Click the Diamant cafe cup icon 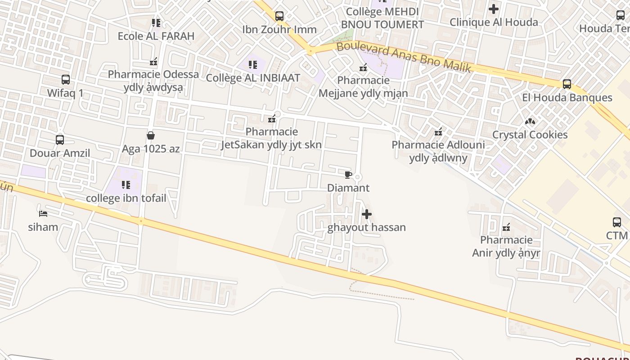click(x=347, y=175)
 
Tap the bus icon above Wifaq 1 click(x=66, y=80)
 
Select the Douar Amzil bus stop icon click(x=60, y=140)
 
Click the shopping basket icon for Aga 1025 click(x=151, y=135)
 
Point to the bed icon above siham click(x=43, y=213)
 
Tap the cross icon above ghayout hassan click(x=367, y=214)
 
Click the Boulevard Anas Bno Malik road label click(x=404, y=57)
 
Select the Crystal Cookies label click(x=530, y=135)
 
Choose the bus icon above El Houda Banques click(x=567, y=84)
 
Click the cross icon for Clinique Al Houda click(x=494, y=9)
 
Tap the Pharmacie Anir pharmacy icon click(x=506, y=227)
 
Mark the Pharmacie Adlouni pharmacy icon click(x=438, y=132)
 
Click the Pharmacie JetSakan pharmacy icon click(x=272, y=119)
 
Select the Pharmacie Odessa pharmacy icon click(x=153, y=61)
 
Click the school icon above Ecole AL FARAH click(x=156, y=22)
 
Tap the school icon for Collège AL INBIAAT click(x=253, y=64)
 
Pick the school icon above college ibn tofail click(x=126, y=185)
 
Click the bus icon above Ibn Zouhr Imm click(x=279, y=16)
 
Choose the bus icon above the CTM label click(x=617, y=222)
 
